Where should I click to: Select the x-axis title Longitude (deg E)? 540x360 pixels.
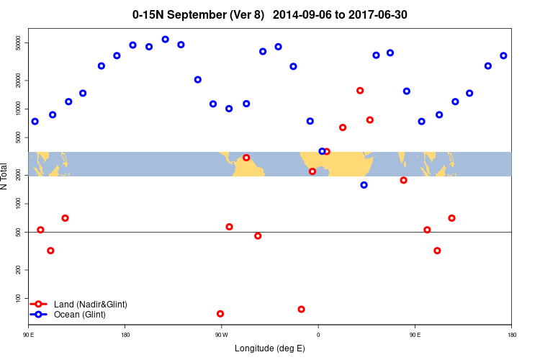point(270,349)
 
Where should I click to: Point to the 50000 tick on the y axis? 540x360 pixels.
point(19,43)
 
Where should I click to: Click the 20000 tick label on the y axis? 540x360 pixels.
point(19,81)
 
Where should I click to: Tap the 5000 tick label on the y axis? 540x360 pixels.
point(19,138)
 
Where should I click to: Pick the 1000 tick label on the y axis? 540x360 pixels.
point(19,204)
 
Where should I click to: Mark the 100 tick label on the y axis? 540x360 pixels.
point(19,298)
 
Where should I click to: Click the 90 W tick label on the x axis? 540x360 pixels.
point(221,335)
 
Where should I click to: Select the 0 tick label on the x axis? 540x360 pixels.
point(318,335)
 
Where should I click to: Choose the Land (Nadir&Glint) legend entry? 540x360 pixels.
point(90,305)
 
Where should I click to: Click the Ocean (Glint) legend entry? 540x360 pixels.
point(79,315)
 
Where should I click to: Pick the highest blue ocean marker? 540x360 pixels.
point(166,40)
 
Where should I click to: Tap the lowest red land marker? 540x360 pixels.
point(220,314)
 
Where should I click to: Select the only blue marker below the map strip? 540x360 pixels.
point(364,185)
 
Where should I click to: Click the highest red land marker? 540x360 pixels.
point(360,91)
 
